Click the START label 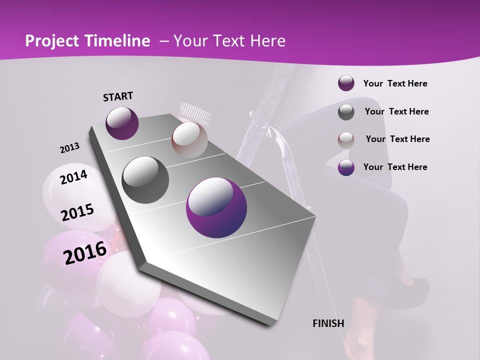(x=118, y=96)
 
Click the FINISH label (x=328, y=323)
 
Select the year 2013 (x=69, y=148)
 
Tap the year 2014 (x=73, y=177)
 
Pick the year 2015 (x=77, y=212)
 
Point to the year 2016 (x=85, y=252)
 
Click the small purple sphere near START (x=122, y=123)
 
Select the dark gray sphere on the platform (x=145, y=180)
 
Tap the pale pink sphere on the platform (x=189, y=140)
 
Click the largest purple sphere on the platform (x=216, y=208)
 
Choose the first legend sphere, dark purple (x=346, y=83)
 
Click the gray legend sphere (x=346, y=112)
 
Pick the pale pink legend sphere (x=346, y=139)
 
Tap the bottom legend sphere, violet (x=346, y=167)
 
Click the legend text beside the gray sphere (x=396, y=111)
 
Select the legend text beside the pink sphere (x=397, y=139)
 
